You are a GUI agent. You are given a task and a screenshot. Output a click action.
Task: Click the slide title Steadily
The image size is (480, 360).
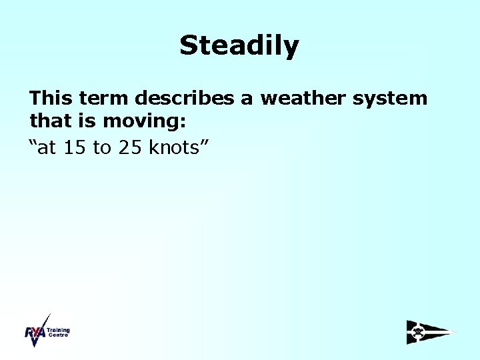[x=239, y=46]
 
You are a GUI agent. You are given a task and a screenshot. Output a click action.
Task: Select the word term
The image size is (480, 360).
[x=104, y=99]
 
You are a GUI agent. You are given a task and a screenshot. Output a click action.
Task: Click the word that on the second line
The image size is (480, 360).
[x=49, y=123]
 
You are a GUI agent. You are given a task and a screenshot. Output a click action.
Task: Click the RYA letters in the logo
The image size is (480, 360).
[x=35, y=333]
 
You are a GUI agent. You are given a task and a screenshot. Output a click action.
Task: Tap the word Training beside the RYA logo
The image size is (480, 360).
[x=59, y=330]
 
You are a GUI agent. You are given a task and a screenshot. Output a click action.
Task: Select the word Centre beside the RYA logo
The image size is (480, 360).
[x=57, y=335]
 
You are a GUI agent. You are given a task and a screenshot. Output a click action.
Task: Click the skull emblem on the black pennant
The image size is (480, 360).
[x=418, y=331]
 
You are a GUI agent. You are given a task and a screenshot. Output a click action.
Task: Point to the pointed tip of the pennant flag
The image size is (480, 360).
[x=455, y=332]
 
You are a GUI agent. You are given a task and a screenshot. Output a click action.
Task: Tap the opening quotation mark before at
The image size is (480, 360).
[x=33, y=143]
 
